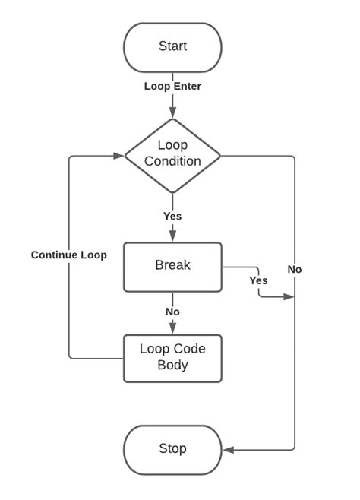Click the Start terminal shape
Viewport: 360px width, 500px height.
172,46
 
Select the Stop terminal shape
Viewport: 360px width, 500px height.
172,448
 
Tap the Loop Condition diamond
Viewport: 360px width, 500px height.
172,154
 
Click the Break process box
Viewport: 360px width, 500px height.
172,267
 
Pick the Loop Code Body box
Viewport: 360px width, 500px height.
172,358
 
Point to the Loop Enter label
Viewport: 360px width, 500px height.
172,86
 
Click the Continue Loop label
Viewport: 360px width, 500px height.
68,255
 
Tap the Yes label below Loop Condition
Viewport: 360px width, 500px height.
172,216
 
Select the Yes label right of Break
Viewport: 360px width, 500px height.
258,280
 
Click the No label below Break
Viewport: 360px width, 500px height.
172,312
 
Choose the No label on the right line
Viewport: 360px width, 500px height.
295,269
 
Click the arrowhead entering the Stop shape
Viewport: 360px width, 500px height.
228,451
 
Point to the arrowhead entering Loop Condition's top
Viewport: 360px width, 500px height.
172,113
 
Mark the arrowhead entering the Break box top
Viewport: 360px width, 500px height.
172,237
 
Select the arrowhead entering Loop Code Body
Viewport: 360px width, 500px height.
172,329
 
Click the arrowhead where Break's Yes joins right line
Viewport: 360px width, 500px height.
289,296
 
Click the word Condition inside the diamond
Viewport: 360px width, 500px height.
172,161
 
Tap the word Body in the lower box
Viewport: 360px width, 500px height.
172,365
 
